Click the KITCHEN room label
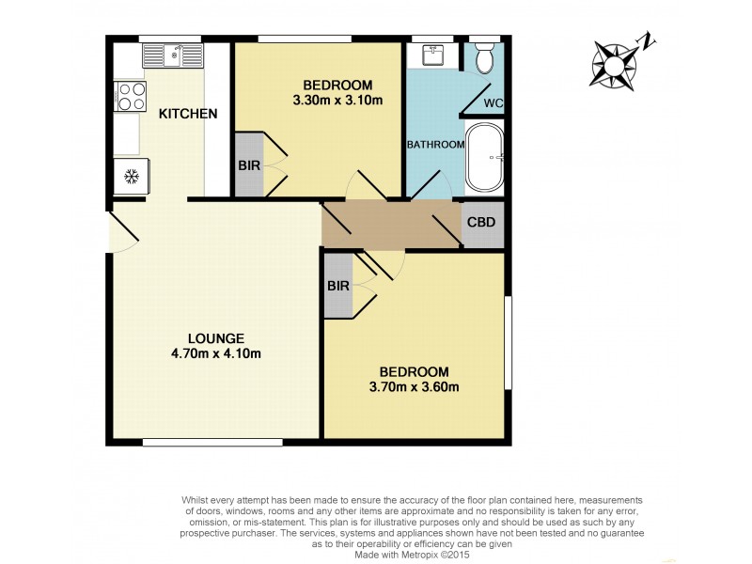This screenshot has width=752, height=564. (x=188, y=114)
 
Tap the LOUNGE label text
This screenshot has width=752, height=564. (x=215, y=338)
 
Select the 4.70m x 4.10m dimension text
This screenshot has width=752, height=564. (x=215, y=354)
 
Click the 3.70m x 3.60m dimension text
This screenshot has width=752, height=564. (x=415, y=386)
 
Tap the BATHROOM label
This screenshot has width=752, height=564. (x=435, y=145)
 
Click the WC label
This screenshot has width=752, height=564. (x=491, y=103)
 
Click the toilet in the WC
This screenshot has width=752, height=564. (x=485, y=59)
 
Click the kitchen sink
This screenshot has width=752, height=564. (x=172, y=56)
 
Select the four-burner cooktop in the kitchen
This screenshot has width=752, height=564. (x=129, y=96)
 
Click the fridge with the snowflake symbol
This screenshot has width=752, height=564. (x=130, y=176)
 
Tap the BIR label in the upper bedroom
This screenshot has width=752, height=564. (x=248, y=164)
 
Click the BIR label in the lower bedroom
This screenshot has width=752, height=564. (x=338, y=285)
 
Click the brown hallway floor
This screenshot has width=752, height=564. (x=389, y=225)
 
